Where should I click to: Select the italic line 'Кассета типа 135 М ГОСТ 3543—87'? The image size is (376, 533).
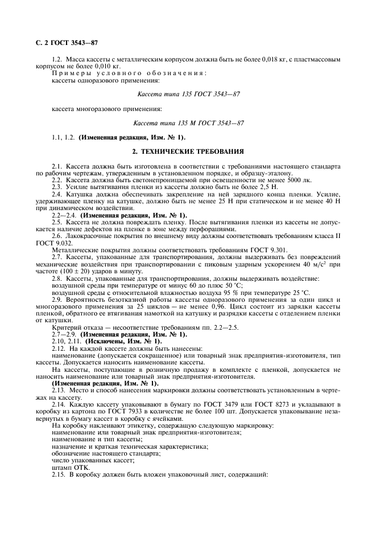[x=188, y=123]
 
